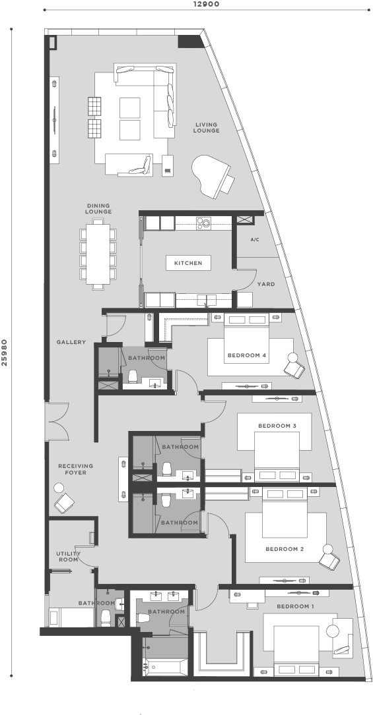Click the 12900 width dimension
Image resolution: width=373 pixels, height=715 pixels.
coord(206,4)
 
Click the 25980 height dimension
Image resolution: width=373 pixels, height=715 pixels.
coord(4,352)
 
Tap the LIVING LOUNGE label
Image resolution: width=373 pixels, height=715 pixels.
coord(207,127)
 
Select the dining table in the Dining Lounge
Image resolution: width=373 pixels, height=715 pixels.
coord(98,254)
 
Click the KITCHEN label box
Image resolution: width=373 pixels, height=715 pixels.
coord(188,263)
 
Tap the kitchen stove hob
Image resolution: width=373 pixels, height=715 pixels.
coord(204,223)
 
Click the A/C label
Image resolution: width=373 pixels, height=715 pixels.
coord(255,240)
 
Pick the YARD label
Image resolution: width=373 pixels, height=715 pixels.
coord(265,284)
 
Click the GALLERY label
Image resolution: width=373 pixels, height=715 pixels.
coord(71,342)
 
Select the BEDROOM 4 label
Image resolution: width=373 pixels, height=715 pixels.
coord(246,355)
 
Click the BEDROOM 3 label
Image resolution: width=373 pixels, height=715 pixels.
coord(277,426)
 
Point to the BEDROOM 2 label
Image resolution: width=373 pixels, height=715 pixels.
coord(285,549)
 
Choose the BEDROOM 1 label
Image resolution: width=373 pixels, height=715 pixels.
coord(295,606)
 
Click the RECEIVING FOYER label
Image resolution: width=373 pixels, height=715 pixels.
coord(75,469)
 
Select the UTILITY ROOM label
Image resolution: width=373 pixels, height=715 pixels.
coord(69,556)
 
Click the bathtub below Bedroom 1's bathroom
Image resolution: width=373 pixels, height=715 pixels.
coord(164,667)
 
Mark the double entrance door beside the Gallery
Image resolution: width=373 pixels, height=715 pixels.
coord(57,421)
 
